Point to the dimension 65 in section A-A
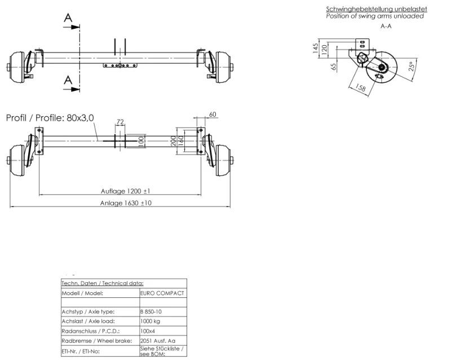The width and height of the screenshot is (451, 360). (334, 66)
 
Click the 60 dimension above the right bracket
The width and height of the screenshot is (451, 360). (212, 115)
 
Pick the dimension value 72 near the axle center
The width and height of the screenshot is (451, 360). (120, 122)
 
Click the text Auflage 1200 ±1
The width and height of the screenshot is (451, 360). (125, 191)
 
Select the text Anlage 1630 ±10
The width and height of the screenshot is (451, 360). (125, 203)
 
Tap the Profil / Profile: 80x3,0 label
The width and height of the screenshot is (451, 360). (50, 118)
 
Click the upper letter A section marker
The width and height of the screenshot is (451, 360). (68, 18)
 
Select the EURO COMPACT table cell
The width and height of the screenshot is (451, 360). (162, 293)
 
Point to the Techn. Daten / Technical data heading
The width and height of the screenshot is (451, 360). (103, 283)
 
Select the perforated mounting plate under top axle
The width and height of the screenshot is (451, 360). (121, 65)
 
